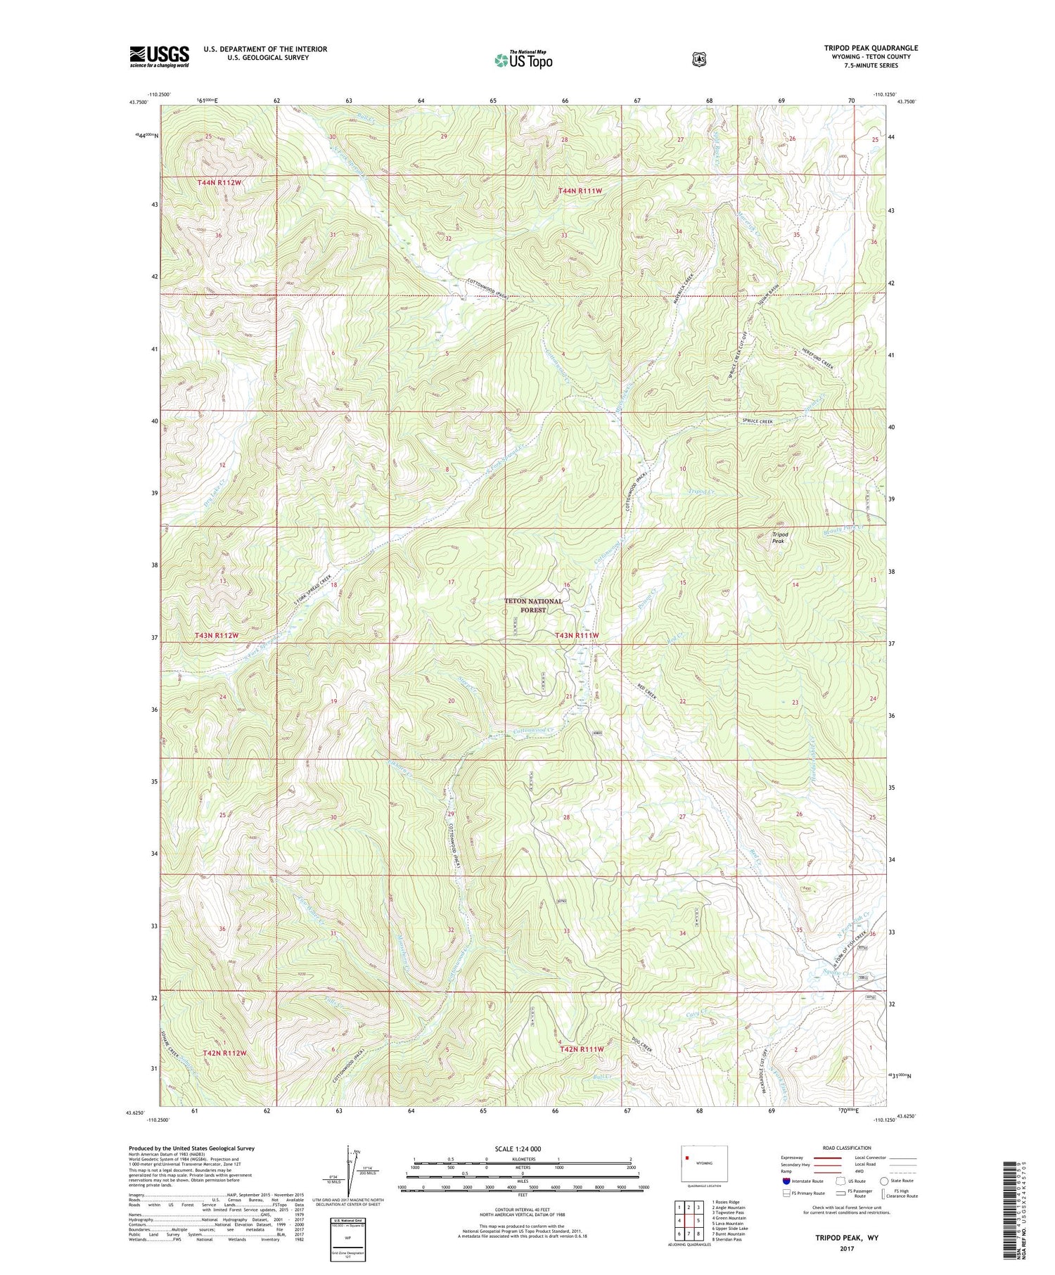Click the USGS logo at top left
pos(159,56)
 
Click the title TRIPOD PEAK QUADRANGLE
pos(871,48)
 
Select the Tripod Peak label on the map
pos(779,538)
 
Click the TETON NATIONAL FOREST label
pos(533,606)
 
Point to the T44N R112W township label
pos(219,183)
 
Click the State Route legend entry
pos(901,1181)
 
